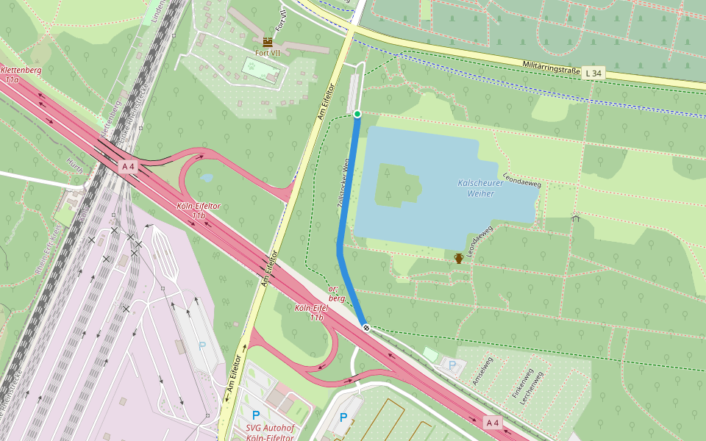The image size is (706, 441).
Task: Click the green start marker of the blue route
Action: (x=357, y=114)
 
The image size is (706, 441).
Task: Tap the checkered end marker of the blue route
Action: (x=366, y=327)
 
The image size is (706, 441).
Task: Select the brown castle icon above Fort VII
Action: (x=267, y=42)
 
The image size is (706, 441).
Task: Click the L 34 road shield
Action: (x=593, y=73)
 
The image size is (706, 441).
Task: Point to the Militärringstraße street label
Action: (x=552, y=68)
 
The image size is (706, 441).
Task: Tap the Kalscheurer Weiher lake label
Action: (x=480, y=188)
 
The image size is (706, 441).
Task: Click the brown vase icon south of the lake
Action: (x=459, y=258)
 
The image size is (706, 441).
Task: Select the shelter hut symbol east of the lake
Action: (x=575, y=218)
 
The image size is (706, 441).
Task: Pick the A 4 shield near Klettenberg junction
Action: (x=128, y=167)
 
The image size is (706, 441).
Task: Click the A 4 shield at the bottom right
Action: (x=493, y=423)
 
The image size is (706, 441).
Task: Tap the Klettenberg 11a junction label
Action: (x=21, y=74)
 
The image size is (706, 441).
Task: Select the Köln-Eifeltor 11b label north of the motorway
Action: (x=199, y=211)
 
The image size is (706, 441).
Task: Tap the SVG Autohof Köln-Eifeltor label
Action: (x=269, y=433)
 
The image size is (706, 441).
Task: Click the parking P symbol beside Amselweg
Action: (x=452, y=365)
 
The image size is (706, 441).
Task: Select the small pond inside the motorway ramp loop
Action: (x=207, y=177)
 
